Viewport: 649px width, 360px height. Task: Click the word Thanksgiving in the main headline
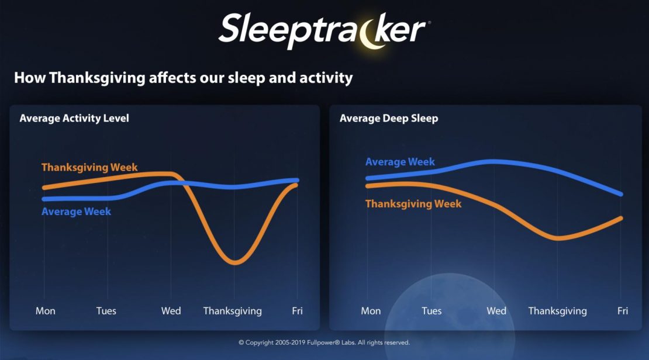97,78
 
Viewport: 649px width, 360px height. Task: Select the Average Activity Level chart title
74,119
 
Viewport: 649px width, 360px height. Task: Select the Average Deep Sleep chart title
389,119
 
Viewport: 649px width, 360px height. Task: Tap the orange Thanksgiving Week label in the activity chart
89,168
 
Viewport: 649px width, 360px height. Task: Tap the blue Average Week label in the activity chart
76,212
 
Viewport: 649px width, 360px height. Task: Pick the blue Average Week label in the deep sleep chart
400,162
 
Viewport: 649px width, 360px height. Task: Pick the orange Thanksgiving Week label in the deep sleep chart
413,204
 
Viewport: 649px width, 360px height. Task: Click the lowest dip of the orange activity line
234,262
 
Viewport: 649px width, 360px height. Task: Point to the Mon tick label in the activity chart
45,311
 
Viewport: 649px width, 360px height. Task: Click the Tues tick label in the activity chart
106,311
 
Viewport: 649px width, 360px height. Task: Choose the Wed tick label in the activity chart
171,311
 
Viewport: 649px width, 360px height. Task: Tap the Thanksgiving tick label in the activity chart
232,311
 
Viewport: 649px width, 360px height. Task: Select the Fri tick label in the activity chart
297,311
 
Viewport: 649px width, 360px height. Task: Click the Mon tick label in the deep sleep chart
371,311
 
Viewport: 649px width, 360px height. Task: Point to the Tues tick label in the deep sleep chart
431,311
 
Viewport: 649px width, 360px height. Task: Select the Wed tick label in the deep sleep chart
496,311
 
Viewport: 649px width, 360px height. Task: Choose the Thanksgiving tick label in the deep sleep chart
558,311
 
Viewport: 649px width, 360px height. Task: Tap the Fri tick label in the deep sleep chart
623,311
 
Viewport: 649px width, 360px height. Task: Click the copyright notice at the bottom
324,342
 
